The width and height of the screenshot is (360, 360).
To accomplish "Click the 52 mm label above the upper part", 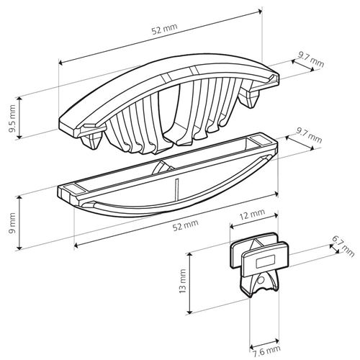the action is (165, 29).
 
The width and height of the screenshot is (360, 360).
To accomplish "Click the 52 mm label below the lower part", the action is (186, 225).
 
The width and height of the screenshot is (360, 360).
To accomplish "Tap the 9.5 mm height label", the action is (12, 118).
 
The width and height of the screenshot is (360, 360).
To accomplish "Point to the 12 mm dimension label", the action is (252, 213).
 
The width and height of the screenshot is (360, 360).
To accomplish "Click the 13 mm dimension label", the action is (182, 281).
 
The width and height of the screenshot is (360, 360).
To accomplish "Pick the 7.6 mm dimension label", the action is (266, 351).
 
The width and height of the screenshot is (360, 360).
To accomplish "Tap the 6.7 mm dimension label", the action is (343, 246).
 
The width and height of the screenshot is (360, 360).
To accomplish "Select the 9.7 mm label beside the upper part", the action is (311, 59).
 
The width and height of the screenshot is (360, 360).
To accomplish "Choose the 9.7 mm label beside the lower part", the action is (309, 135).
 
